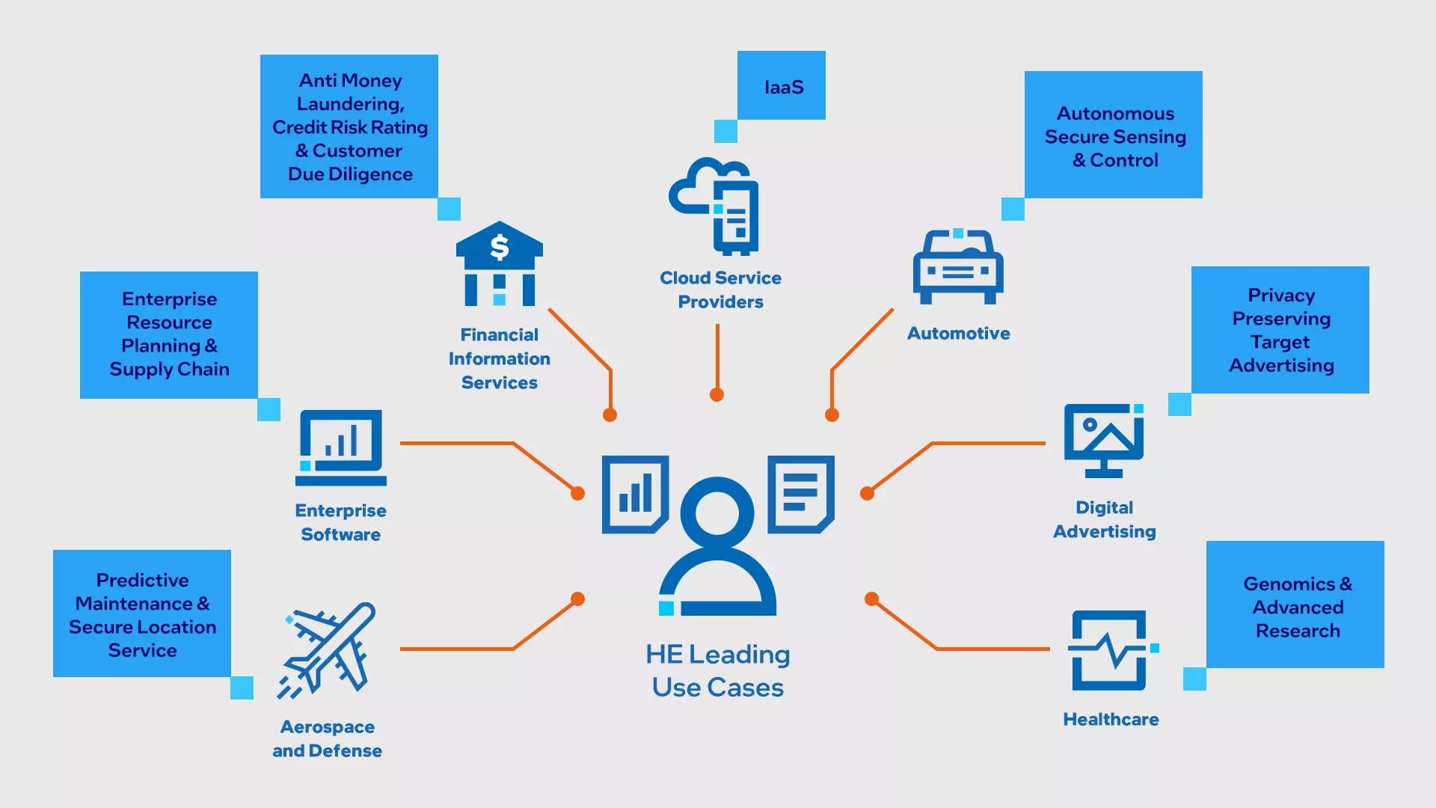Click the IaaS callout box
782,86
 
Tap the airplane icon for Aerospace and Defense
328,649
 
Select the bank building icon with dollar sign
500,263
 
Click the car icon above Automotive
958,267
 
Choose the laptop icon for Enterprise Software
341,447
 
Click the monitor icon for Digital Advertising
1104,441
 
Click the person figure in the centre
717,546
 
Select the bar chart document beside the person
635,495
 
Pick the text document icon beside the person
801,495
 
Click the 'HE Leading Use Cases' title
718,670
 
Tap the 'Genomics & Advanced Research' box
1295,605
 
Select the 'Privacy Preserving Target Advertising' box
1280,330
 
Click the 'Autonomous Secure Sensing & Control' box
1114,135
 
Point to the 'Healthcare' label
1111,719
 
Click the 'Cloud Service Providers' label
720,290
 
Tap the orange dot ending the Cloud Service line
717,395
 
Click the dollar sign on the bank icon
500,247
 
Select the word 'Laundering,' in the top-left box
350,104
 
